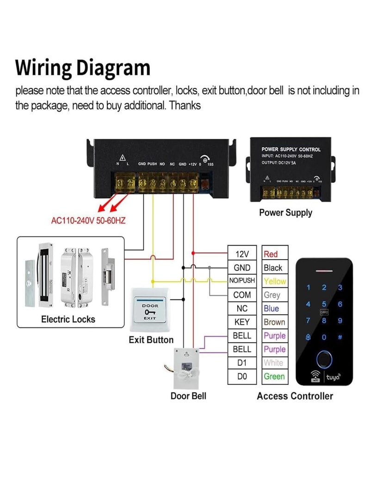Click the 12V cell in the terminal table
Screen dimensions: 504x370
tap(242, 254)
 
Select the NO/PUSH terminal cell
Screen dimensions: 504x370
tap(242, 281)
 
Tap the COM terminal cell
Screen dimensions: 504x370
tap(242, 295)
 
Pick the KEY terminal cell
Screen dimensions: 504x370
tap(242, 322)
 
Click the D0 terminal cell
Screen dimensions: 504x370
tap(242, 376)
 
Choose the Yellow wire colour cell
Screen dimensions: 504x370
tap(274, 281)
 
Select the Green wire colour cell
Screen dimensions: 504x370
tap(274, 376)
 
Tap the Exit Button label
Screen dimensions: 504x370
tap(151, 340)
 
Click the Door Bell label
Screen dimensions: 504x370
tap(188, 396)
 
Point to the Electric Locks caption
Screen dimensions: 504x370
tap(68, 319)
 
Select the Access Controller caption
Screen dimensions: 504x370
tap(295, 396)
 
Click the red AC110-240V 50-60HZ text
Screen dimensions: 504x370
tap(88, 220)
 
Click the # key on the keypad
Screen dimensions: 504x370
tap(340, 337)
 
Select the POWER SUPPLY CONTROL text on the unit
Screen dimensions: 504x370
tap(291, 149)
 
